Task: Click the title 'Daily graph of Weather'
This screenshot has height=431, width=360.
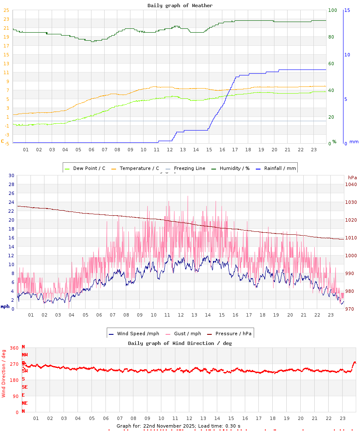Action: tap(180, 6)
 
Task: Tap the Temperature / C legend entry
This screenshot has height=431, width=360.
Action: tap(135, 168)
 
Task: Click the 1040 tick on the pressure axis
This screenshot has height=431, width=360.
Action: tap(351, 184)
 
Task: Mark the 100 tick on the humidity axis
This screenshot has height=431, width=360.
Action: tap(332, 10)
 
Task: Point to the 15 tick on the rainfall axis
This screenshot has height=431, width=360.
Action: tap(347, 10)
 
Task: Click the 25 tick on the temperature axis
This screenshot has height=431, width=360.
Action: tap(6, 10)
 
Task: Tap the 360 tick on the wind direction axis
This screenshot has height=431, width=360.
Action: tap(14, 348)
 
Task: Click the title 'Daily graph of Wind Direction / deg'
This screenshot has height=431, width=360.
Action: tap(180, 343)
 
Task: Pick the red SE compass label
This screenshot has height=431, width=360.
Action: tap(25, 387)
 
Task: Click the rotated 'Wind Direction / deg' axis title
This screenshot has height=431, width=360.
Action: tap(4, 373)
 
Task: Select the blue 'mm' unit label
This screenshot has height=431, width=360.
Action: tap(354, 142)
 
